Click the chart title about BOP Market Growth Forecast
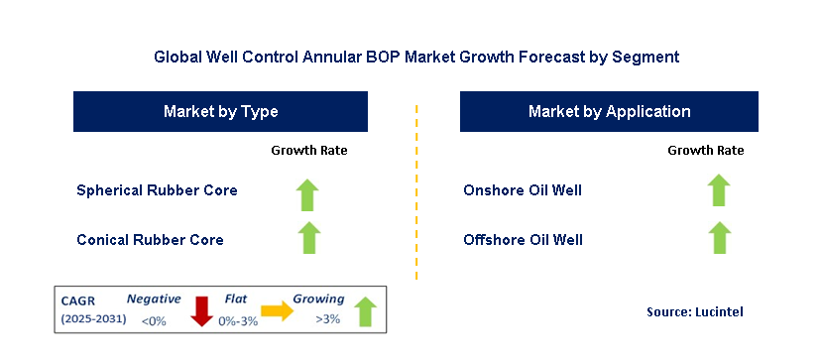(416, 57)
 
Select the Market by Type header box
(220, 112)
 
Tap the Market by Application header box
(609, 112)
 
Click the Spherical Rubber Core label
(157, 189)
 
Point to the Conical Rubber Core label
(150, 239)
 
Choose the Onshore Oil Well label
(523, 189)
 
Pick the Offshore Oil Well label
(523, 239)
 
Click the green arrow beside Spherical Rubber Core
(307, 195)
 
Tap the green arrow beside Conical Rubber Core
(308, 238)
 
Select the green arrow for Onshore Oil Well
(719, 189)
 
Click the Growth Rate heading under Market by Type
(308, 151)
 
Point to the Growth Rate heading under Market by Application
(706, 151)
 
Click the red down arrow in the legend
(201, 311)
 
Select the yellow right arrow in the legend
(278, 311)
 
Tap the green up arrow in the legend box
(366, 311)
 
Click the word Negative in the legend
(154, 300)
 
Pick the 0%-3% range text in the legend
(238, 321)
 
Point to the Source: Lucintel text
(695, 311)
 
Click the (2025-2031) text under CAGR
(94, 318)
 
